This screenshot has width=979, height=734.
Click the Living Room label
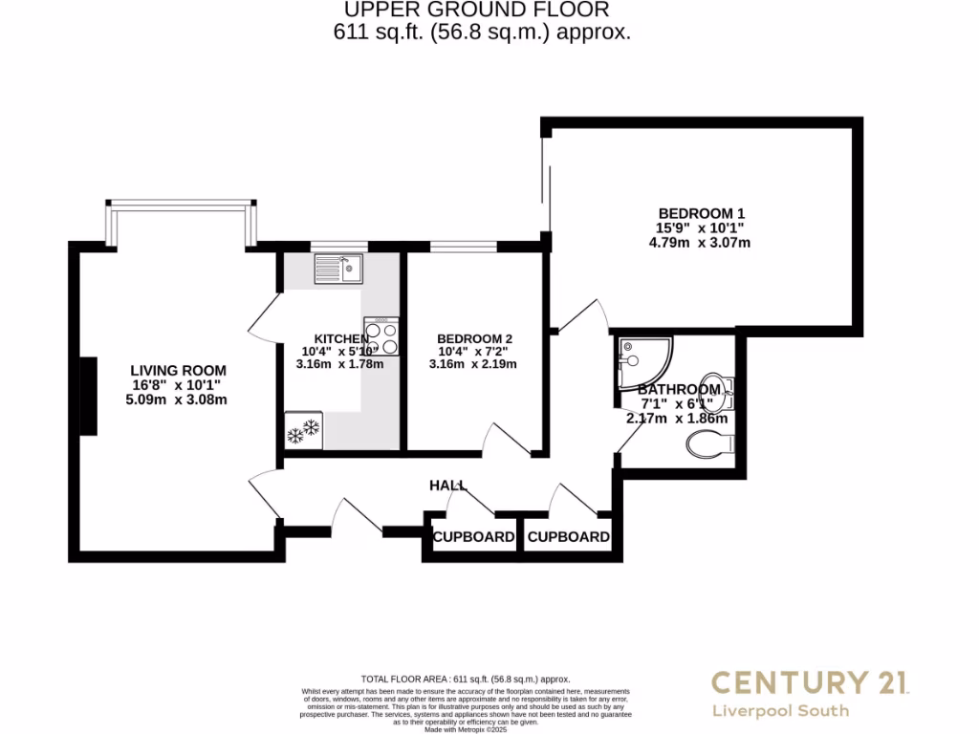click(179, 370)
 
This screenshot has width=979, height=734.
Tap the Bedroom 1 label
click(701, 213)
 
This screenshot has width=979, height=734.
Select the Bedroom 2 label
click(474, 338)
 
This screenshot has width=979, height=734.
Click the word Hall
click(447, 486)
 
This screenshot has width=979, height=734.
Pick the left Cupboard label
click(473, 537)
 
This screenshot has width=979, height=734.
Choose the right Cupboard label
click(568, 537)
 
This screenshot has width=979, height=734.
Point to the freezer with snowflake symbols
click(303, 430)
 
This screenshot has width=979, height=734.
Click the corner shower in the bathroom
click(642, 360)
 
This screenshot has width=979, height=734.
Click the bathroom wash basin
click(720, 387)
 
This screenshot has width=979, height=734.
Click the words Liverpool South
click(780, 711)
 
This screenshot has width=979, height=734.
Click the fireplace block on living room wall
click(88, 397)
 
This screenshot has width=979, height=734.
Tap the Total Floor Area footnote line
click(464, 679)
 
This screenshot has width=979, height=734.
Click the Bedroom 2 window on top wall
click(463, 248)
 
